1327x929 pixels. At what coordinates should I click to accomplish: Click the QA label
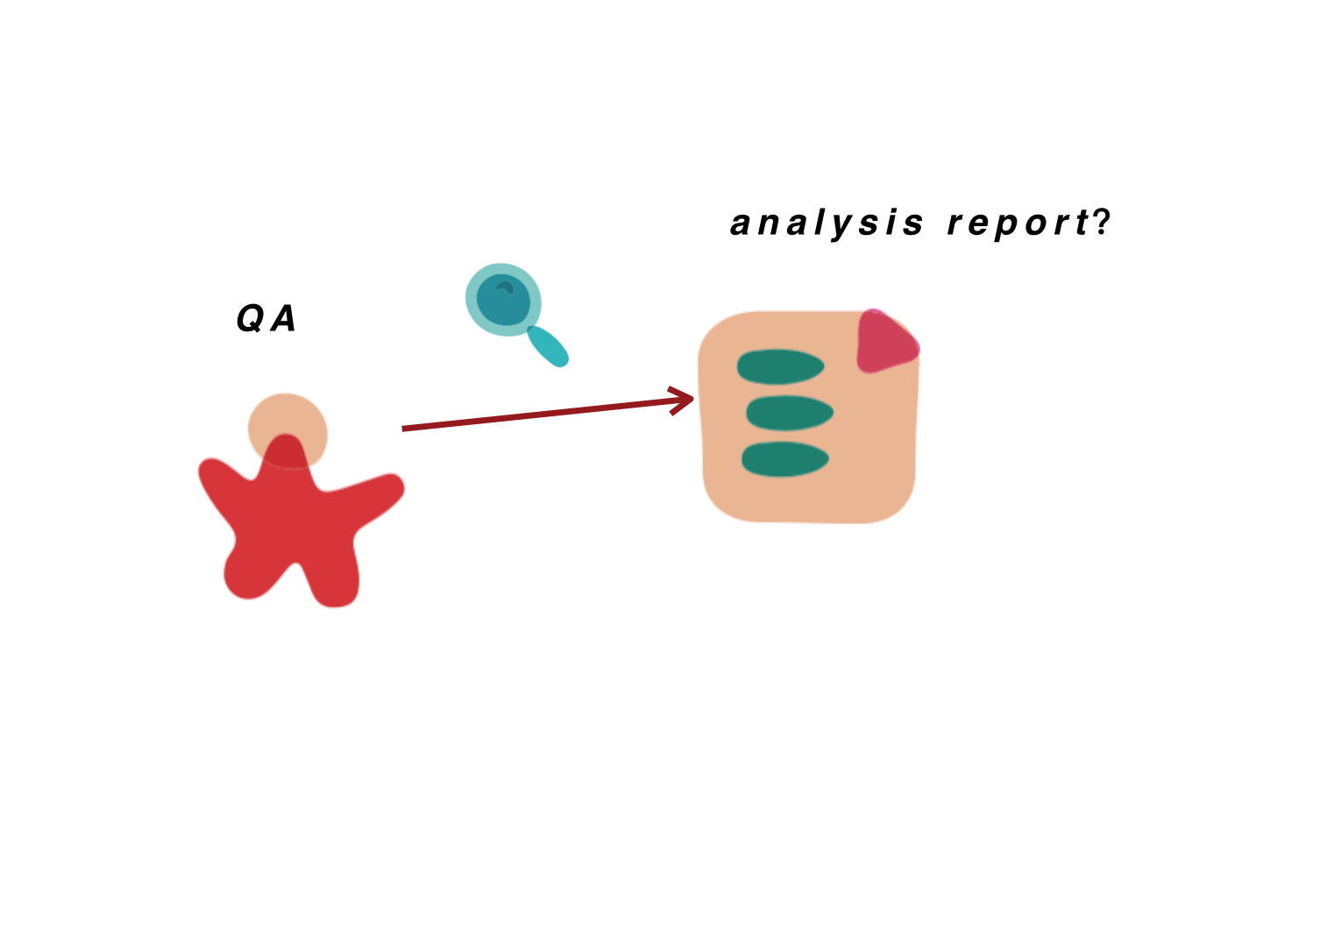pyautogui.click(x=266, y=319)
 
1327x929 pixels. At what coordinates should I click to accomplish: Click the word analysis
pyautogui.click(x=827, y=224)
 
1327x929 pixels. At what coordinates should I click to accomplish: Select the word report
pyautogui.click(x=1018, y=224)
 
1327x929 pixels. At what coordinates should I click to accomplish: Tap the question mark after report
pyautogui.click(x=1101, y=222)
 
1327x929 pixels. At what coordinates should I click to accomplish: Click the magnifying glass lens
pyautogui.click(x=503, y=299)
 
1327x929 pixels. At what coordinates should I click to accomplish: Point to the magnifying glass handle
pyautogui.click(x=548, y=346)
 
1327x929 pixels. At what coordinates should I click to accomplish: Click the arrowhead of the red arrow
pyautogui.click(x=681, y=401)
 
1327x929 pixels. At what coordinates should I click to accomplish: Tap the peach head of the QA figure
pyautogui.click(x=287, y=421)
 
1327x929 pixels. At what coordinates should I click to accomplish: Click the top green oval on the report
pyautogui.click(x=780, y=366)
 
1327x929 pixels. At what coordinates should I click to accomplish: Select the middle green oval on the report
pyautogui.click(x=790, y=413)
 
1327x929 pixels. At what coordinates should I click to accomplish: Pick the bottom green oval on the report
pyautogui.click(x=785, y=459)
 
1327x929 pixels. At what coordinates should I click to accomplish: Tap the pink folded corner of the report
pyautogui.click(x=885, y=343)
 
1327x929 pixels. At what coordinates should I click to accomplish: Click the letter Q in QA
pyautogui.click(x=251, y=319)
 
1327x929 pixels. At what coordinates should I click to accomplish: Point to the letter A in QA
pyautogui.click(x=283, y=319)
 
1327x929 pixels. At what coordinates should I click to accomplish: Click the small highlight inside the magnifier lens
pyautogui.click(x=505, y=287)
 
